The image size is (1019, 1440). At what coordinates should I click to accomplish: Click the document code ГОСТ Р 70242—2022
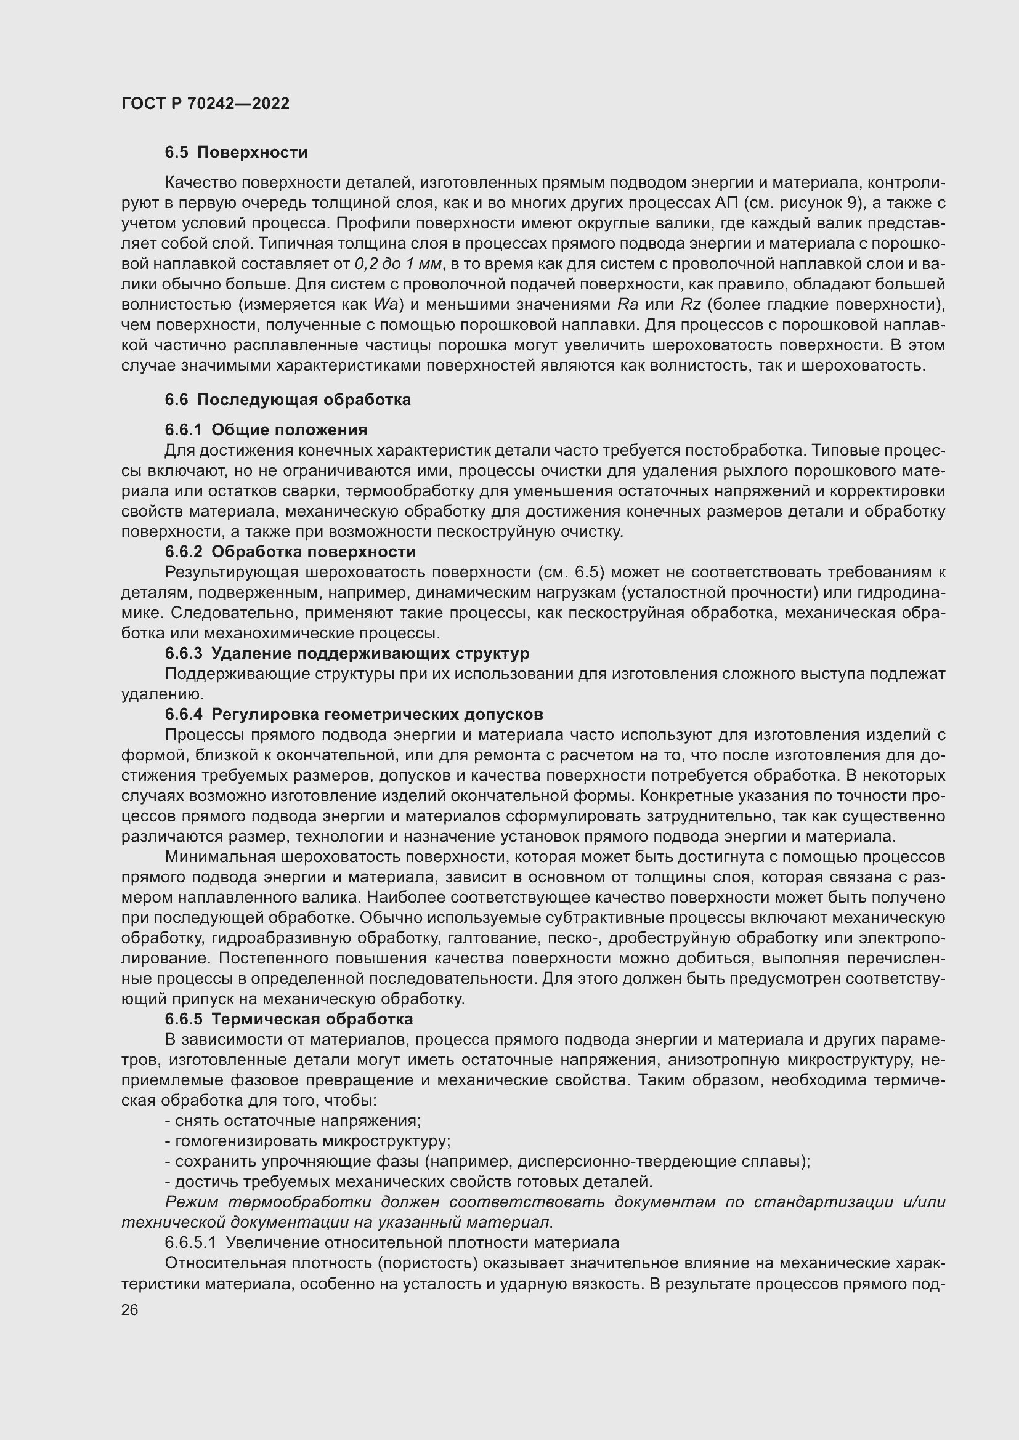(205, 103)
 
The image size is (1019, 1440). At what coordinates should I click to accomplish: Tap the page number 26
(129, 1310)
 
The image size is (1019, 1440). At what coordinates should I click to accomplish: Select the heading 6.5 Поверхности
(236, 153)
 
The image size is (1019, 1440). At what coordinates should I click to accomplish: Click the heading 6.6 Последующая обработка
(287, 400)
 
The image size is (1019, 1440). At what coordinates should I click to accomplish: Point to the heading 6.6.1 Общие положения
(266, 430)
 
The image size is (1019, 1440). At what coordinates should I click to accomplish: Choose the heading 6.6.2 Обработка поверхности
(290, 552)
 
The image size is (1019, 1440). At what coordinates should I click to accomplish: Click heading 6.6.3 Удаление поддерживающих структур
(346, 654)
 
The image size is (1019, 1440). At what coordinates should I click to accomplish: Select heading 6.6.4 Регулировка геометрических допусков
(353, 714)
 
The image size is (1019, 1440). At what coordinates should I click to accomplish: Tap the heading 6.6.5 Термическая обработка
(288, 1019)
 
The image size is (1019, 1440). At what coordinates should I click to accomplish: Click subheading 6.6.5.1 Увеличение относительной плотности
(392, 1242)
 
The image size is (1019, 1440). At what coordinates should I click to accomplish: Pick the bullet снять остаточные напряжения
(293, 1120)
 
